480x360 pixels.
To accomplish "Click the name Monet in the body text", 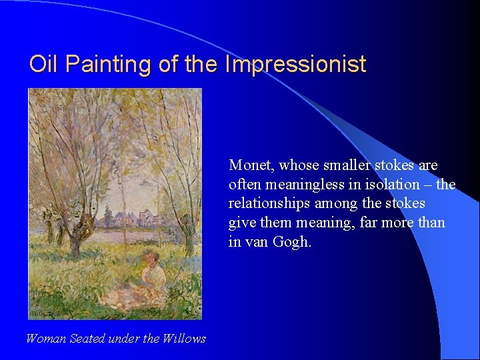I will coord(252,165).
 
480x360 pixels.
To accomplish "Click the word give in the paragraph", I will coord(241,223).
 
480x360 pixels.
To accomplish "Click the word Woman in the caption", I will coord(46,339).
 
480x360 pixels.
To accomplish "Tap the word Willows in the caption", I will coord(185,339).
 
